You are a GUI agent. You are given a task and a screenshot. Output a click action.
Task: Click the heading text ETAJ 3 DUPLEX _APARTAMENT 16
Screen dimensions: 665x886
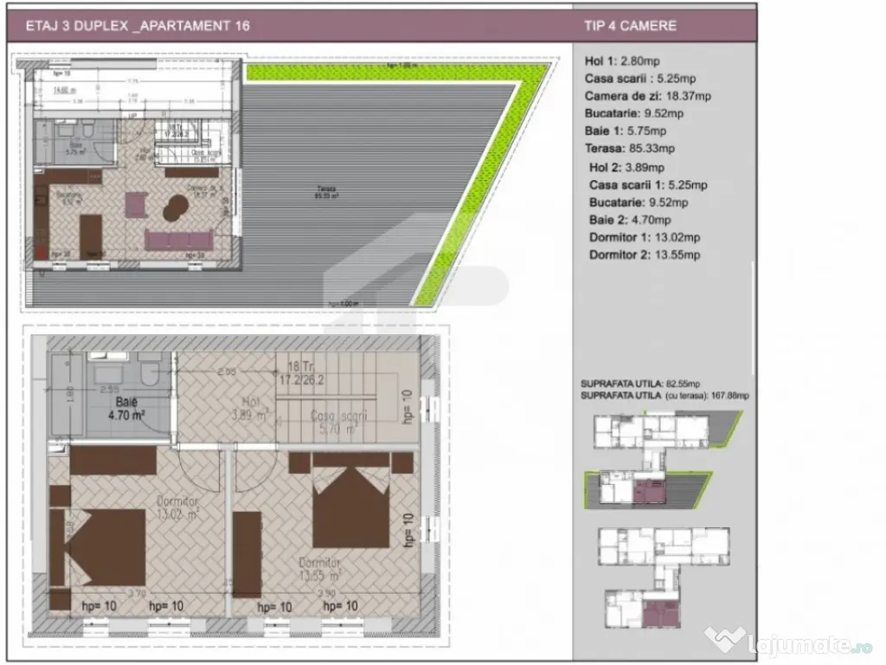pos(138,25)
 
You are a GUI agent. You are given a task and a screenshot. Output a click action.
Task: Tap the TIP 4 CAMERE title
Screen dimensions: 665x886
pos(630,25)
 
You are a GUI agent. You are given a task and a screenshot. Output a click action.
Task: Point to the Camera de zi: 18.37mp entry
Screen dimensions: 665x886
pos(648,96)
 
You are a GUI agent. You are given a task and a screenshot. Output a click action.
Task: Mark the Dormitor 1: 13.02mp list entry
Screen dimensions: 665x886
pos(645,237)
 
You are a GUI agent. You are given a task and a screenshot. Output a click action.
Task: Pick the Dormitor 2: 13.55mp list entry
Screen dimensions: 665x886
pos(645,255)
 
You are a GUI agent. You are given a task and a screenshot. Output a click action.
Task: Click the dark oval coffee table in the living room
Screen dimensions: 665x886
pos(176,207)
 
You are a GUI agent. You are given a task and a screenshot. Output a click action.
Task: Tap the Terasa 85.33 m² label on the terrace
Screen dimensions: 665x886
pos(326,191)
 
